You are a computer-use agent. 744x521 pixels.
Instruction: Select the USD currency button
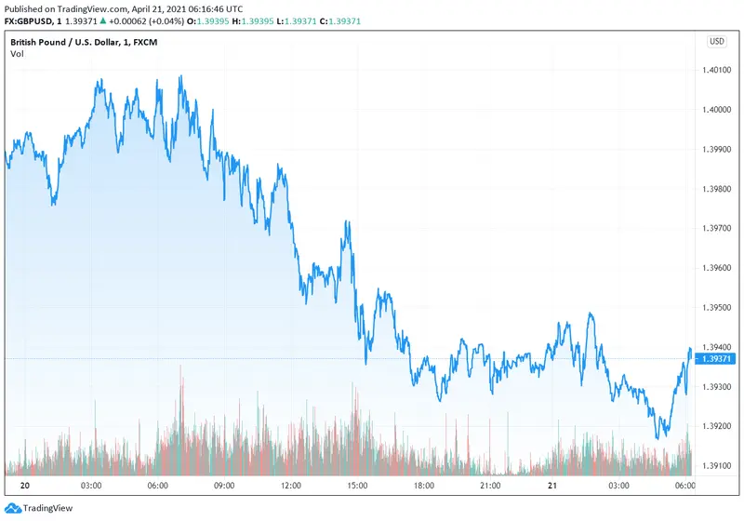(x=716, y=41)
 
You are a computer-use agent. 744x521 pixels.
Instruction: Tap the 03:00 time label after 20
(x=91, y=486)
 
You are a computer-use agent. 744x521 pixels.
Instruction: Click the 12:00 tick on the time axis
(x=291, y=486)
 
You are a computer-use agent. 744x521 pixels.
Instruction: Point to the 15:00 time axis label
(x=358, y=486)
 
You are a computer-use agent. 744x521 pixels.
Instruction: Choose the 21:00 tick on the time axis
(x=490, y=486)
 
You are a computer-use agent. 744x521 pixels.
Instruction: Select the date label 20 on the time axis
(x=25, y=486)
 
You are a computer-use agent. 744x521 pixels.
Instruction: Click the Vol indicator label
(x=17, y=54)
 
